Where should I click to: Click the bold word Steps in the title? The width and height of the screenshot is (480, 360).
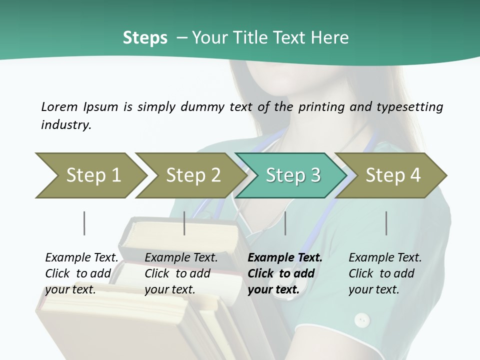point(145,38)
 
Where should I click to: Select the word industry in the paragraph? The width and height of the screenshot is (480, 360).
point(65,124)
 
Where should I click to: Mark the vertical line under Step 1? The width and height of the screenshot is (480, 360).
point(84,223)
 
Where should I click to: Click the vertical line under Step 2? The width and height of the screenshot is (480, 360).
point(184,223)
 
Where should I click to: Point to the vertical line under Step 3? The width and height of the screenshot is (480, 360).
point(285,223)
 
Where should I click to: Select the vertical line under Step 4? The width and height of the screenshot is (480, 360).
point(386,223)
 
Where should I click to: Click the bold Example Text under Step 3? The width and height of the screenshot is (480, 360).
point(285,258)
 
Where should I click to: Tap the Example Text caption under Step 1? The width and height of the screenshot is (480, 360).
point(81,258)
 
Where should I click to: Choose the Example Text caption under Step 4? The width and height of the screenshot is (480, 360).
point(385,258)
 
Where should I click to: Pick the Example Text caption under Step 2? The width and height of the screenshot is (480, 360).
point(181,258)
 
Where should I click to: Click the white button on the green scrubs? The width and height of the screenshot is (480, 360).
point(362,319)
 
